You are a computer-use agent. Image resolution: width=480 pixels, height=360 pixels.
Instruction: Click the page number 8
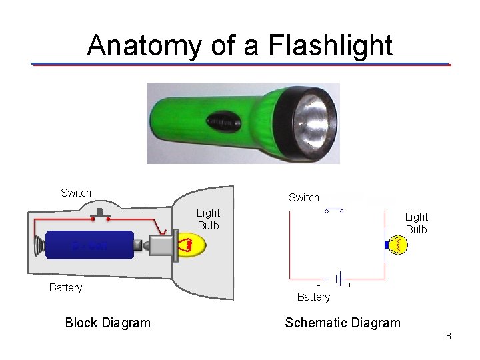449,337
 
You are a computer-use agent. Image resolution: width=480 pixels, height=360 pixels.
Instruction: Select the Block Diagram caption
108,323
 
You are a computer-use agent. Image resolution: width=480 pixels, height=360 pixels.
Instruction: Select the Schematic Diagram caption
343,323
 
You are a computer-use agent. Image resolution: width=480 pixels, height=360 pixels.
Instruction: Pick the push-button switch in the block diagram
101,215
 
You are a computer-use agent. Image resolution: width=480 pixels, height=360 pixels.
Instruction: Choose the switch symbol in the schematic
334,211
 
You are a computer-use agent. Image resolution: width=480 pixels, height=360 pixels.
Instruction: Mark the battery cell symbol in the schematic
339,278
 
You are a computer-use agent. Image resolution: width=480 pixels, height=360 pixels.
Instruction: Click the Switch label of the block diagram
76,193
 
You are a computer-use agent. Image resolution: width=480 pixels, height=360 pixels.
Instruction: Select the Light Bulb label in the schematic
417,223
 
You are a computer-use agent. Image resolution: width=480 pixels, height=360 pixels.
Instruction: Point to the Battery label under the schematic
313,297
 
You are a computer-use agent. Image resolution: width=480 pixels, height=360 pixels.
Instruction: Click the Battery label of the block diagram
65,288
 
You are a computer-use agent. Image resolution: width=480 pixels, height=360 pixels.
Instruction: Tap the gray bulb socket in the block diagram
162,245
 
